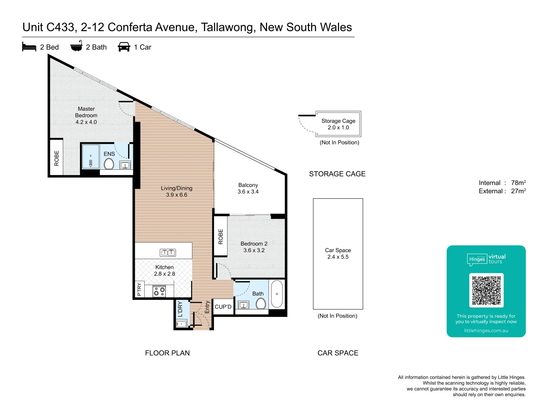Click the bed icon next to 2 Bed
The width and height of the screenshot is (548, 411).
(x=29, y=47)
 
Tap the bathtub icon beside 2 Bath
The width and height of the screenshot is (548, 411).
(x=76, y=46)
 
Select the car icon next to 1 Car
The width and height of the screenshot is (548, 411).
(x=124, y=47)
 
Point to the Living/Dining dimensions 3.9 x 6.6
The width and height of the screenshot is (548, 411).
(x=177, y=195)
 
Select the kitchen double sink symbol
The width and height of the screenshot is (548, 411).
(x=167, y=252)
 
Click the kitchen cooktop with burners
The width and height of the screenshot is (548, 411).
(x=159, y=292)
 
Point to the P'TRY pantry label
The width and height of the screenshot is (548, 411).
(x=139, y=289)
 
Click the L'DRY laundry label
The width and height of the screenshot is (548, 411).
(x=180, y=309)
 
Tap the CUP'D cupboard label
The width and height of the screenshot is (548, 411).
(x=223, y=307)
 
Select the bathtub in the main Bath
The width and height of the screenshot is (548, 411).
(x=277, y=294)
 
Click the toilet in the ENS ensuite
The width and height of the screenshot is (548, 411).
(x=109, y=164)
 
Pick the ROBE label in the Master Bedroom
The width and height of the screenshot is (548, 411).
(x=57, y=158)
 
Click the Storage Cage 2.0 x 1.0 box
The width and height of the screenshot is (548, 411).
(x=338, y=124)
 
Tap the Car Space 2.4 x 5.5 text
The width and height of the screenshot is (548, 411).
(x=338, y=253)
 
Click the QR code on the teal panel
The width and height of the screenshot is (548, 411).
(x=486, y=290)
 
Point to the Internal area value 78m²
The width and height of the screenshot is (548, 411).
(x=518, y=183)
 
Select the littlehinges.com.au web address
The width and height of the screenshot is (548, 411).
(x=486, y=331)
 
